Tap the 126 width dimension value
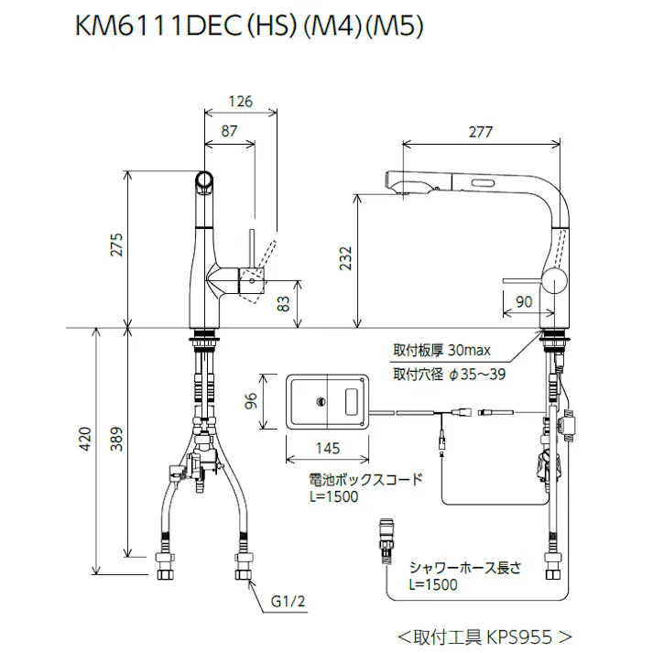pyautogui.click(x=239, y=102)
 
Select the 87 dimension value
pyautogui.click(x=228, y=131)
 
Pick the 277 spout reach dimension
pyautogui.click(x=480, y=132)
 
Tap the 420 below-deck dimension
pyautogui.click(x=86, y=442)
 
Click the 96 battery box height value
pyautogui.click(x=252, y=400)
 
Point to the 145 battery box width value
pyautogui.click(x=328, y=449)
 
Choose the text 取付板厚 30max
pyautogui.click(x=442, y=351)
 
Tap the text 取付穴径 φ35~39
pyautogui.click(x=450, y=373)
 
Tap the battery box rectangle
pyautogui.click(x=328, y=400)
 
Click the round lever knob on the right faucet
pyautogui.click(x=554, y=281)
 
